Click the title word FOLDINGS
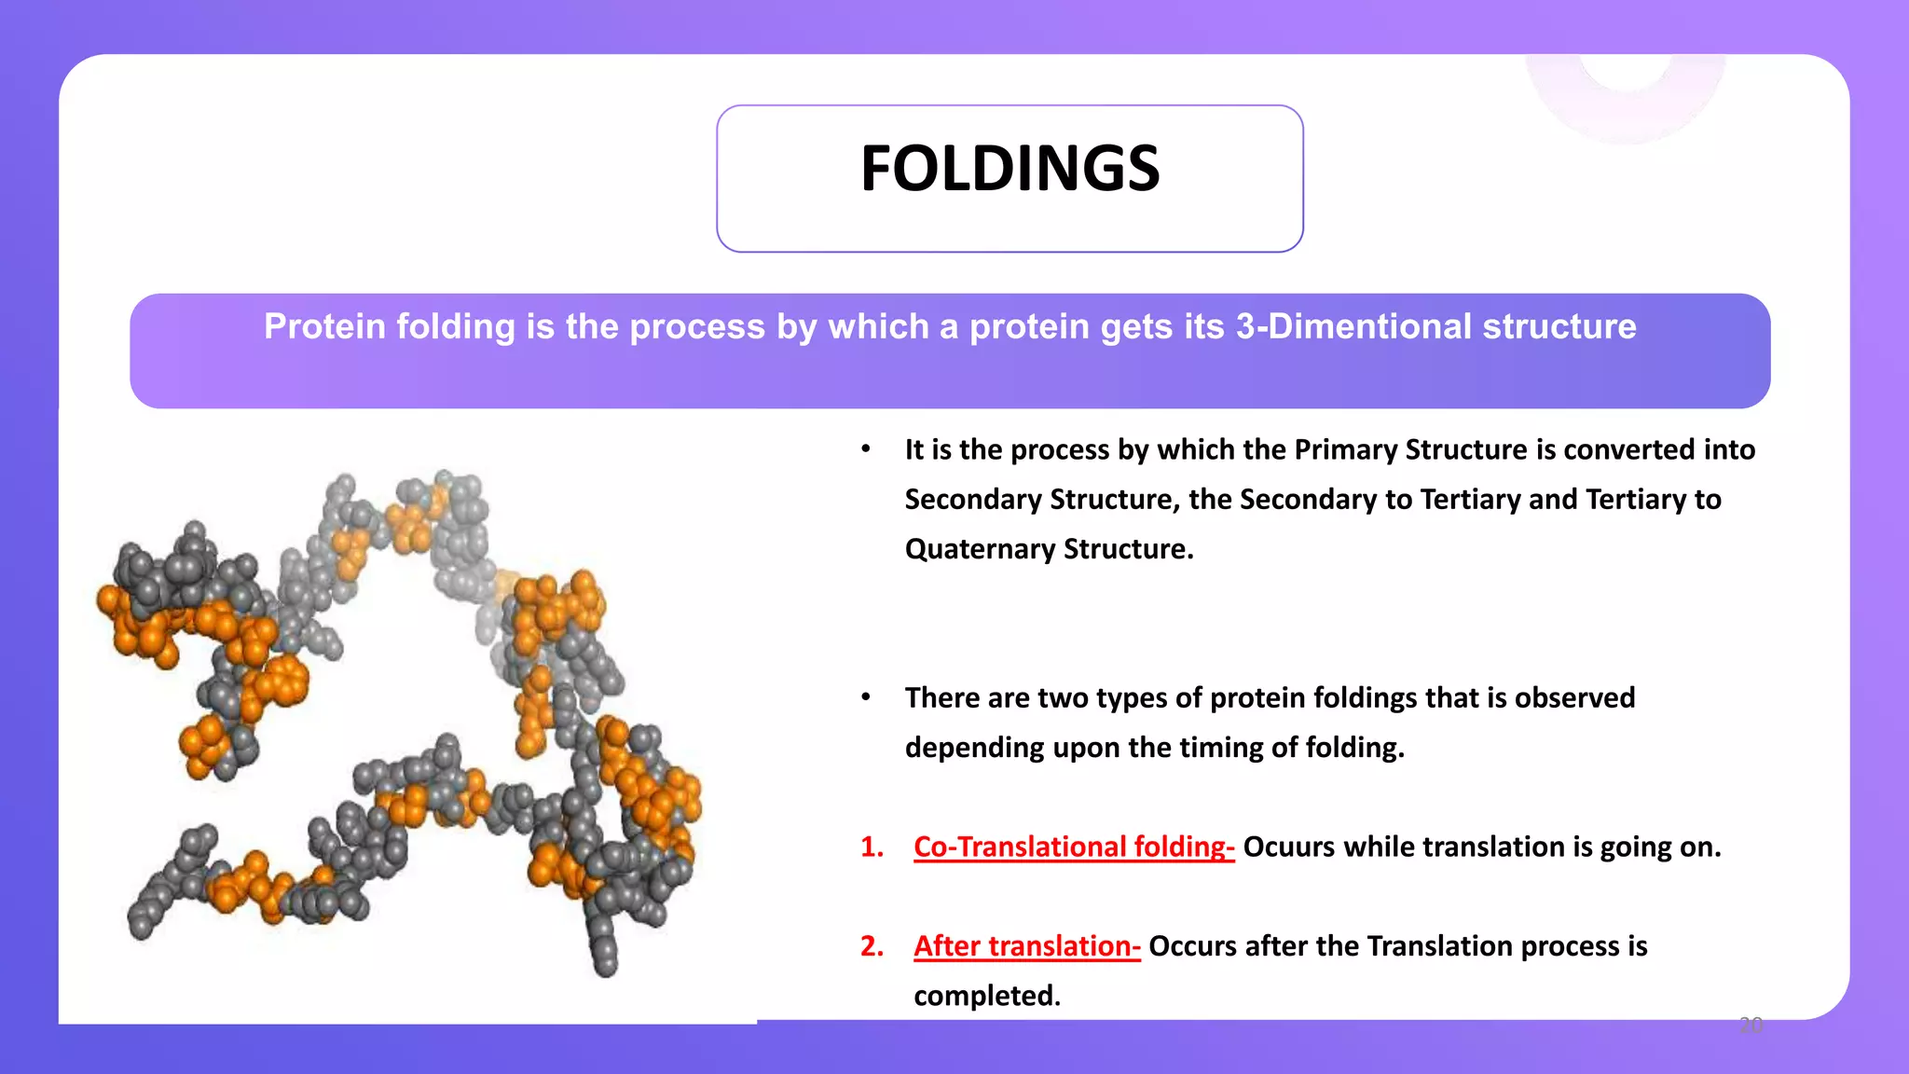(1009, 170)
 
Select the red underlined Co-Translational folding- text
(1074, 847)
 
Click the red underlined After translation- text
(1026, 946)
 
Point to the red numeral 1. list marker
(872, 847)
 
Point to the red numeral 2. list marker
(872, 946)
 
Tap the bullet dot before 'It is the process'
(866, 449)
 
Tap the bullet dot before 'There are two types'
(866, 696)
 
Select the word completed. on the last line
(986, 996)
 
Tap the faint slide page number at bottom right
(1751, 1026)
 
